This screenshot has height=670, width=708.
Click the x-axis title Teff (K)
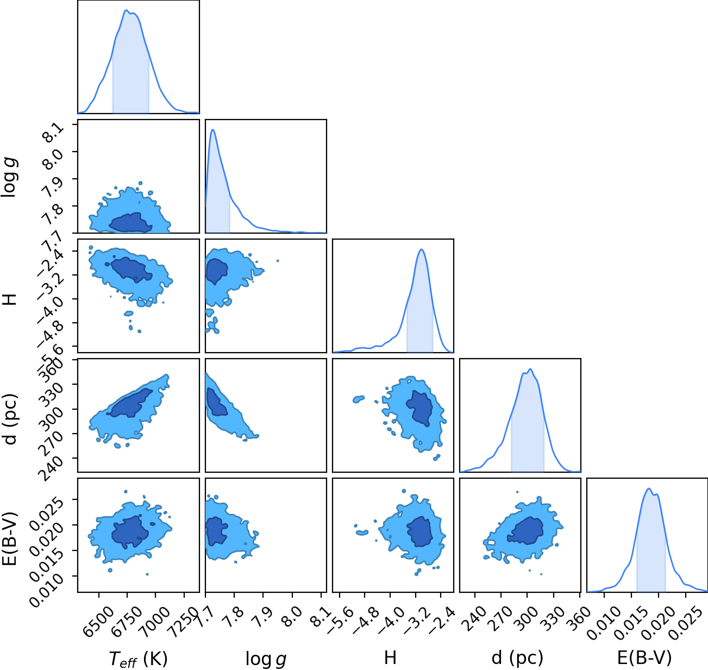[x=139, y=659]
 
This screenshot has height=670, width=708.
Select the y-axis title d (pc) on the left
[x=11, y=419]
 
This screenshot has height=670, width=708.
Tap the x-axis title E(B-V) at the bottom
[x=644, y=658]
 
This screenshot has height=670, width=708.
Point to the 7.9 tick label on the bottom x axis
[x=263, y=617]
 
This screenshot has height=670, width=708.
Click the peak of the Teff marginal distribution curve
[x=127, y=10]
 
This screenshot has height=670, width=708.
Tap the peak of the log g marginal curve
[x=213, y=129]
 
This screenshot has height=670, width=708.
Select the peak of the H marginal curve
[x=421, y=249]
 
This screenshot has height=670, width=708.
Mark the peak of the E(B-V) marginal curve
[x=649, y=489]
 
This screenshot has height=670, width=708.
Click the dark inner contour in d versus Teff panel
[x=130, y=404]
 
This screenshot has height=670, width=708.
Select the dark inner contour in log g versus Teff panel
[x=130, y=223]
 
